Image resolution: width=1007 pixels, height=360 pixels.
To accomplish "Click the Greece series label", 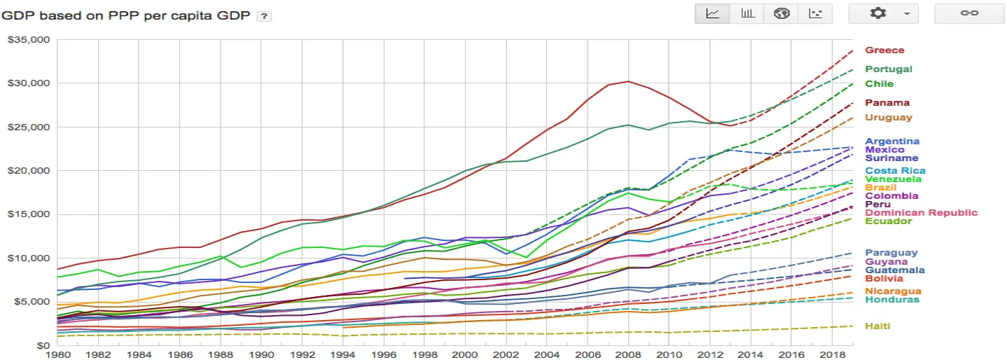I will coord(884,50).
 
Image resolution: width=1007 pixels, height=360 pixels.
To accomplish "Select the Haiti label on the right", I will coord(877,326).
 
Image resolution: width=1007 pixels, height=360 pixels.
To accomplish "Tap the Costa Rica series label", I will coord(895,171).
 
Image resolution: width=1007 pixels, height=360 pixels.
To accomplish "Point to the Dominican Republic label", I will coord(921,213).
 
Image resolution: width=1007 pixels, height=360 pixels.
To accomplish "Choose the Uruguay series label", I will coord(889,118).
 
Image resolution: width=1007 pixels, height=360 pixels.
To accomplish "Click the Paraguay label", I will coord(891,254).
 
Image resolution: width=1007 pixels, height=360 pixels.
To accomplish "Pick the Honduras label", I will coord(891,300).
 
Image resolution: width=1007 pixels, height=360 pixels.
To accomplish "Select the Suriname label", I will coord(891,158).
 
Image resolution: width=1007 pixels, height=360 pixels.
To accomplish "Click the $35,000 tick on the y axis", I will coord(29,40).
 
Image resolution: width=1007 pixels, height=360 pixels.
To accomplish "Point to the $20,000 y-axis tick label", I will coord(29,171).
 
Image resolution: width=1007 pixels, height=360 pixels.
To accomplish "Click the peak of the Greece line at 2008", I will coord(627,81).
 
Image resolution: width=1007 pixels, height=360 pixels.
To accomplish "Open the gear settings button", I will coord(883,14).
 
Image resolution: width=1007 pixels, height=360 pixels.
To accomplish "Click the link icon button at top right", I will coord(969,14).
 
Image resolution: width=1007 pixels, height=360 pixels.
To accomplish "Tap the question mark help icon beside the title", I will coord(264,16).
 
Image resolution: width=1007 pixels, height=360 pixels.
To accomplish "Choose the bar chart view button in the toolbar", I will coord(747,14).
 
